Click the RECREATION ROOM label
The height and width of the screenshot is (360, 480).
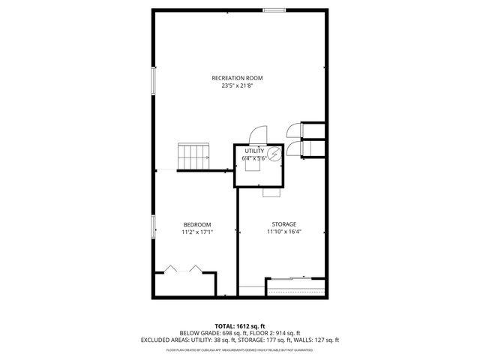(237, 78)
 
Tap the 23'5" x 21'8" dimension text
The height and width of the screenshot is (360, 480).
(237, 85)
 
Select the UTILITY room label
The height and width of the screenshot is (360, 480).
(254, 151)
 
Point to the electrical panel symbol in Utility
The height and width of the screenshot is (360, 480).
(274, 155)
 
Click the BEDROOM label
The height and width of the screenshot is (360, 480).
(196, 224)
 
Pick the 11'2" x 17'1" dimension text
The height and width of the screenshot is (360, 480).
(196, 232)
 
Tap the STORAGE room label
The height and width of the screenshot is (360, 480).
(283, 224)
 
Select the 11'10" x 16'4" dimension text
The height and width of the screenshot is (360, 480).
(283, 232)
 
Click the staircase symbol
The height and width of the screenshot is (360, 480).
(193, 158)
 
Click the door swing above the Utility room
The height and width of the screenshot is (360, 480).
(256, 134)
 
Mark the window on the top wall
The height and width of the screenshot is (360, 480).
(273, 10)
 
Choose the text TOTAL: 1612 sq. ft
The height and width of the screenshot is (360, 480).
(239, 325)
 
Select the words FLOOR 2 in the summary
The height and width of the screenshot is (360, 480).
(263, 333)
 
